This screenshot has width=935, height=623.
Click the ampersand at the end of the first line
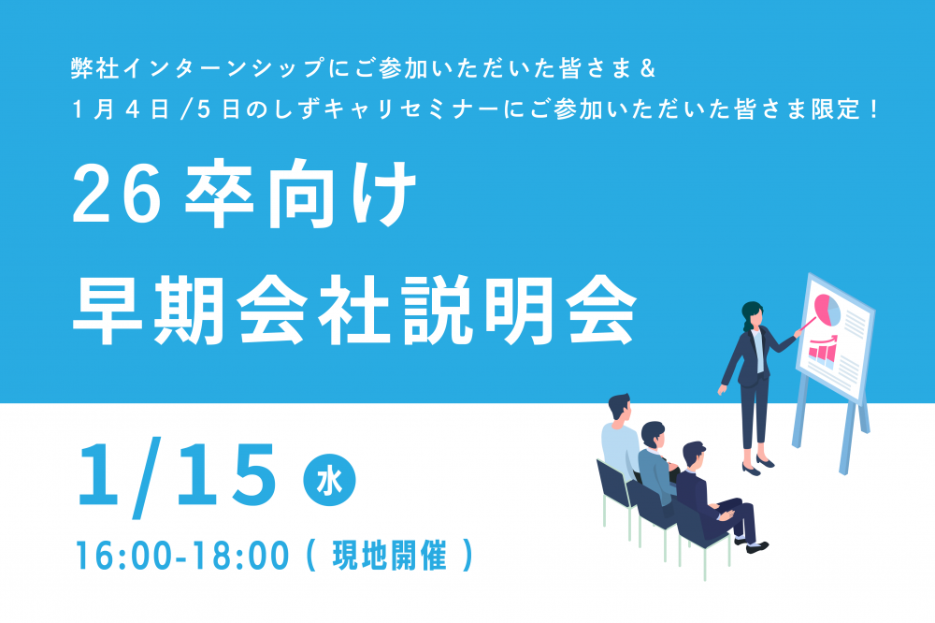point(647,68)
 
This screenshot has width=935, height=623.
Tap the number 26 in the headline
point(117,195)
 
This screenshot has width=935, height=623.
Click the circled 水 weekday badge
point(329,481)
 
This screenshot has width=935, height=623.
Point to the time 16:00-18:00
point(182,555)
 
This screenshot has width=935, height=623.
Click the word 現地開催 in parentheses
point(389,555)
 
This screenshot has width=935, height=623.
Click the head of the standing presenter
point(753,314)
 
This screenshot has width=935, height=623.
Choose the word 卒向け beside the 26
point(300,195)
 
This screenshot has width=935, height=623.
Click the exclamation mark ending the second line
point(874,109)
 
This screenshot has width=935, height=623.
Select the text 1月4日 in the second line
point(121,109)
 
